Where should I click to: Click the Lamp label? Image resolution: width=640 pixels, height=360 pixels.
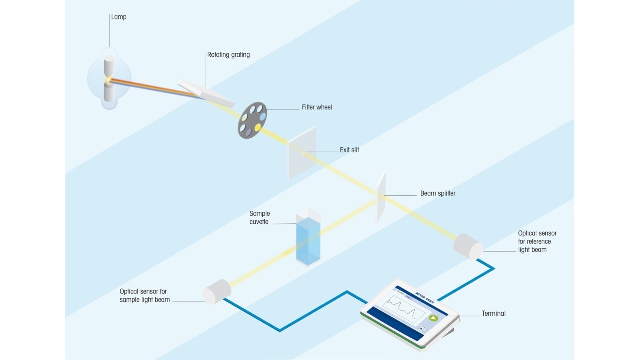[x=119, y=17]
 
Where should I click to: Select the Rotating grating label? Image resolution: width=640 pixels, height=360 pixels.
[x=228, y=55]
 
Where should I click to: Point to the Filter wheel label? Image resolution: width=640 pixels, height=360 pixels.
[x=317, y=107]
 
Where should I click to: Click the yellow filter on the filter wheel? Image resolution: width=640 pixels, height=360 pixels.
[x=258, y=127]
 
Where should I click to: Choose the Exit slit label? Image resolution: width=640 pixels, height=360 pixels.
[x=349, y=150]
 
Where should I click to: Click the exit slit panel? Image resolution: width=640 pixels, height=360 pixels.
[x=302, y=152]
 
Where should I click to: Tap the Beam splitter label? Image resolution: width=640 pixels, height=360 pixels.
[x=438, y=193]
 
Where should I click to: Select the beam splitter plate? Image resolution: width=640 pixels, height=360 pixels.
[x=381, y=197]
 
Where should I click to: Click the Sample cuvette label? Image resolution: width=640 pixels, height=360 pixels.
[x=260, y=218]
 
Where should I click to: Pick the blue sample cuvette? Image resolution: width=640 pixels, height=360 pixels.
[x=308, y=240]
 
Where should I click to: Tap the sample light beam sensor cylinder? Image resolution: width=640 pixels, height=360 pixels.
[x=217, y=291]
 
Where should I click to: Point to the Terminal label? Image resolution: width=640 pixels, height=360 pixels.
[x=493, y=314]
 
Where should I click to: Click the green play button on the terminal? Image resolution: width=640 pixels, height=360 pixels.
[x=433, y=318]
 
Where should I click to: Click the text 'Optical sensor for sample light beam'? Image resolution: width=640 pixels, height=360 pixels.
[x=145, y=296]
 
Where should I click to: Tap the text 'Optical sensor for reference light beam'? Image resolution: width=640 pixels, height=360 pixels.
[x=537, y=241]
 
